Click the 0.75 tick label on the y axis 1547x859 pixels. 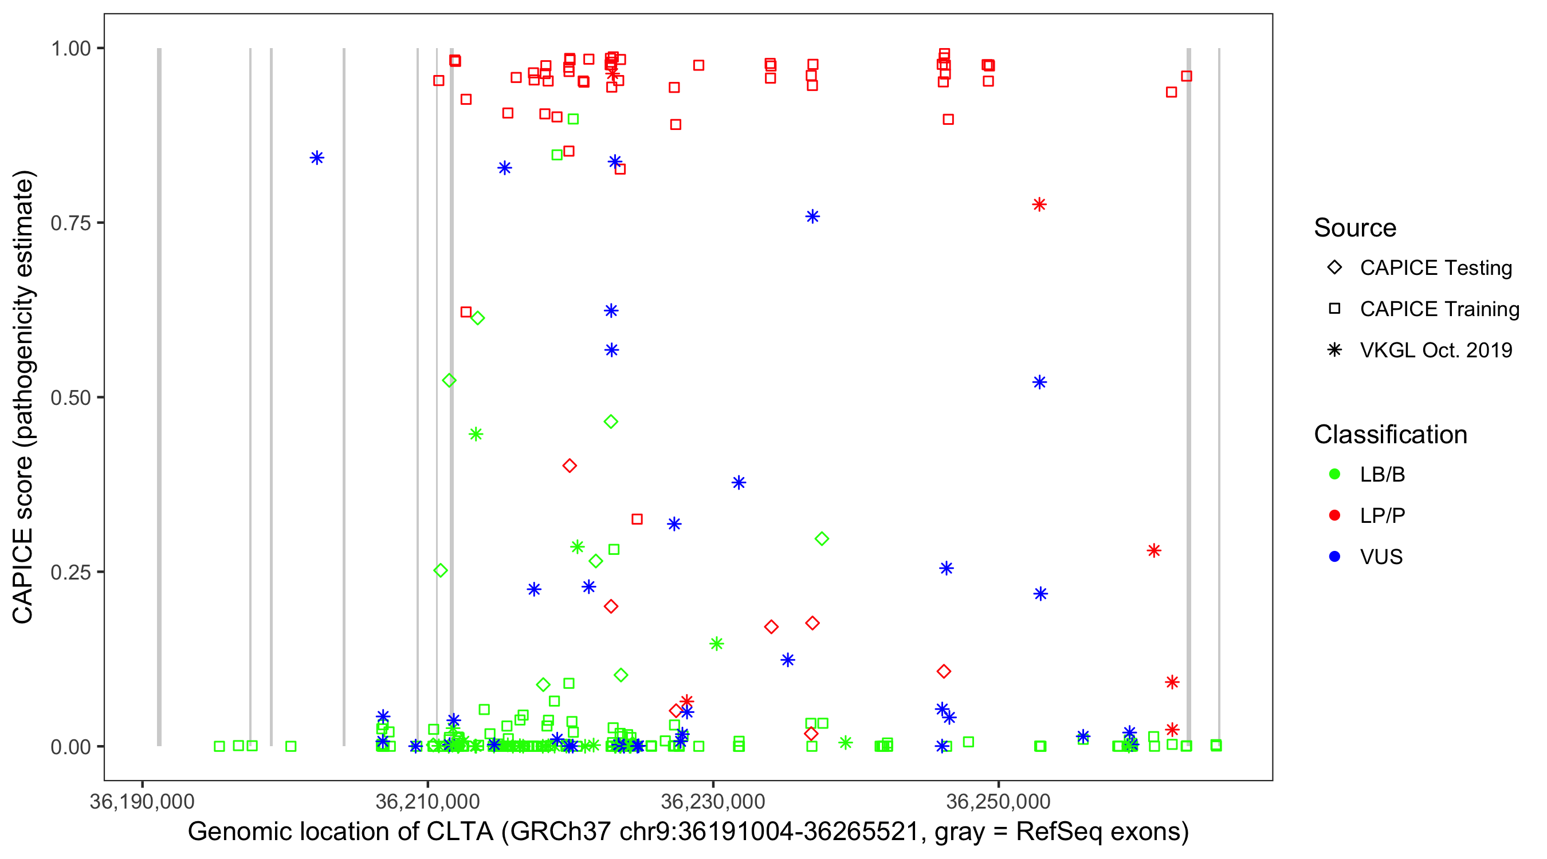70,223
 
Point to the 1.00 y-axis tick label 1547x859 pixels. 70,48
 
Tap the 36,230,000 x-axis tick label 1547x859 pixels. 713,801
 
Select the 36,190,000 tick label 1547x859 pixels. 142,801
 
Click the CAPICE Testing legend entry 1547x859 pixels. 1435,268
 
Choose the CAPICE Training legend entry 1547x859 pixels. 1439,309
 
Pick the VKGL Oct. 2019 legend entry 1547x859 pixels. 1435,350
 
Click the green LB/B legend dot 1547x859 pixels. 1334,474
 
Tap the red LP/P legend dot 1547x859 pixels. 1334,515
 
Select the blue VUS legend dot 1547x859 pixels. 1334,557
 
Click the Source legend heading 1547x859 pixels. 1355,228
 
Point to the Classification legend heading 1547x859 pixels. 1390,435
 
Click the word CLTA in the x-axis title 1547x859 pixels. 460,832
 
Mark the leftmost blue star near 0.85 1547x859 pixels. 317,158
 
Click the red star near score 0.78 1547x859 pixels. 1039,204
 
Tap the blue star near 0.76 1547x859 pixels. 812,216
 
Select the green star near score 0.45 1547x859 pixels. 476,434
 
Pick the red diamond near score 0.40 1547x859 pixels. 570,466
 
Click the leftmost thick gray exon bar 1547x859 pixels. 159,396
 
